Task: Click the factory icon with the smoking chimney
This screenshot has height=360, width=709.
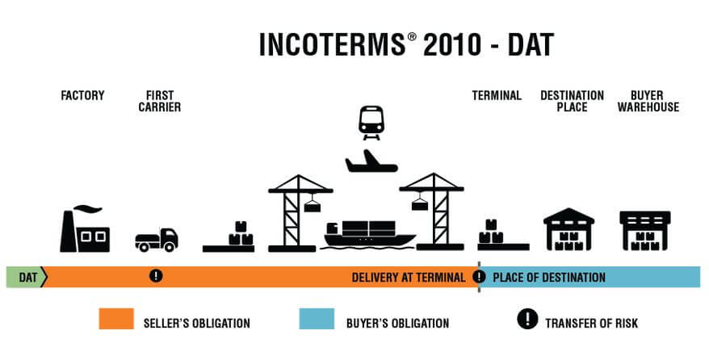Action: pyautogui.click(x=85, y=229)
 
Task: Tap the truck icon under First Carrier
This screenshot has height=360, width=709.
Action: pyautogui.click(x=157, y=240)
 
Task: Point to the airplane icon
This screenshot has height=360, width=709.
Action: pyautogui.click(x=371, y=161)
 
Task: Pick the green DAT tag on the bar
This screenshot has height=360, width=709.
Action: pyautogui.click(x=27, y=277)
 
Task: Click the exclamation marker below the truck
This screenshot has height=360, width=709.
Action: pyautogui.click(x=156, y=275)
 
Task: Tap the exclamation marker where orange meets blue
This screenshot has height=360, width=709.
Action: pyautogui.click(x=479, y=276)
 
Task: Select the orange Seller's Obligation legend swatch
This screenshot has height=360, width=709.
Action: pyautogui.click(x=116, y=319)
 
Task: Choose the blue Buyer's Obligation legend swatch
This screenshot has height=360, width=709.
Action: pyautogui.click(x=317, y=319)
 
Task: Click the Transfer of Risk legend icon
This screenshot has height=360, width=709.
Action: pyautogui.click(x=527, y=319)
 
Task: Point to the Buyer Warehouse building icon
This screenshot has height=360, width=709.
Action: pyautogui.click(x=644, y=230)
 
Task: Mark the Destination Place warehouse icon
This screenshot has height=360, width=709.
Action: pyautogui.click(x=568, y=229)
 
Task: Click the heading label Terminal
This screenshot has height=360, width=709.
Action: pyautogui.click(x=497, y=96)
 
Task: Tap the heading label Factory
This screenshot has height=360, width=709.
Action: pyautogui.click(x=82, y=96)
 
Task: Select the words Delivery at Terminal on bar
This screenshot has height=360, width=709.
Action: pyautogui.click(x=409, y=278)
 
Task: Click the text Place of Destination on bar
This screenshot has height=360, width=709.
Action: pyautogui.click(x=549, y=278)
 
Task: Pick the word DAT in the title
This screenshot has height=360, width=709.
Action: pyautogui.click(x=531, y=44)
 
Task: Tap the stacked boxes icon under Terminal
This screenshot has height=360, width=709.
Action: pyautogui.click(x=503, y=235)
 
